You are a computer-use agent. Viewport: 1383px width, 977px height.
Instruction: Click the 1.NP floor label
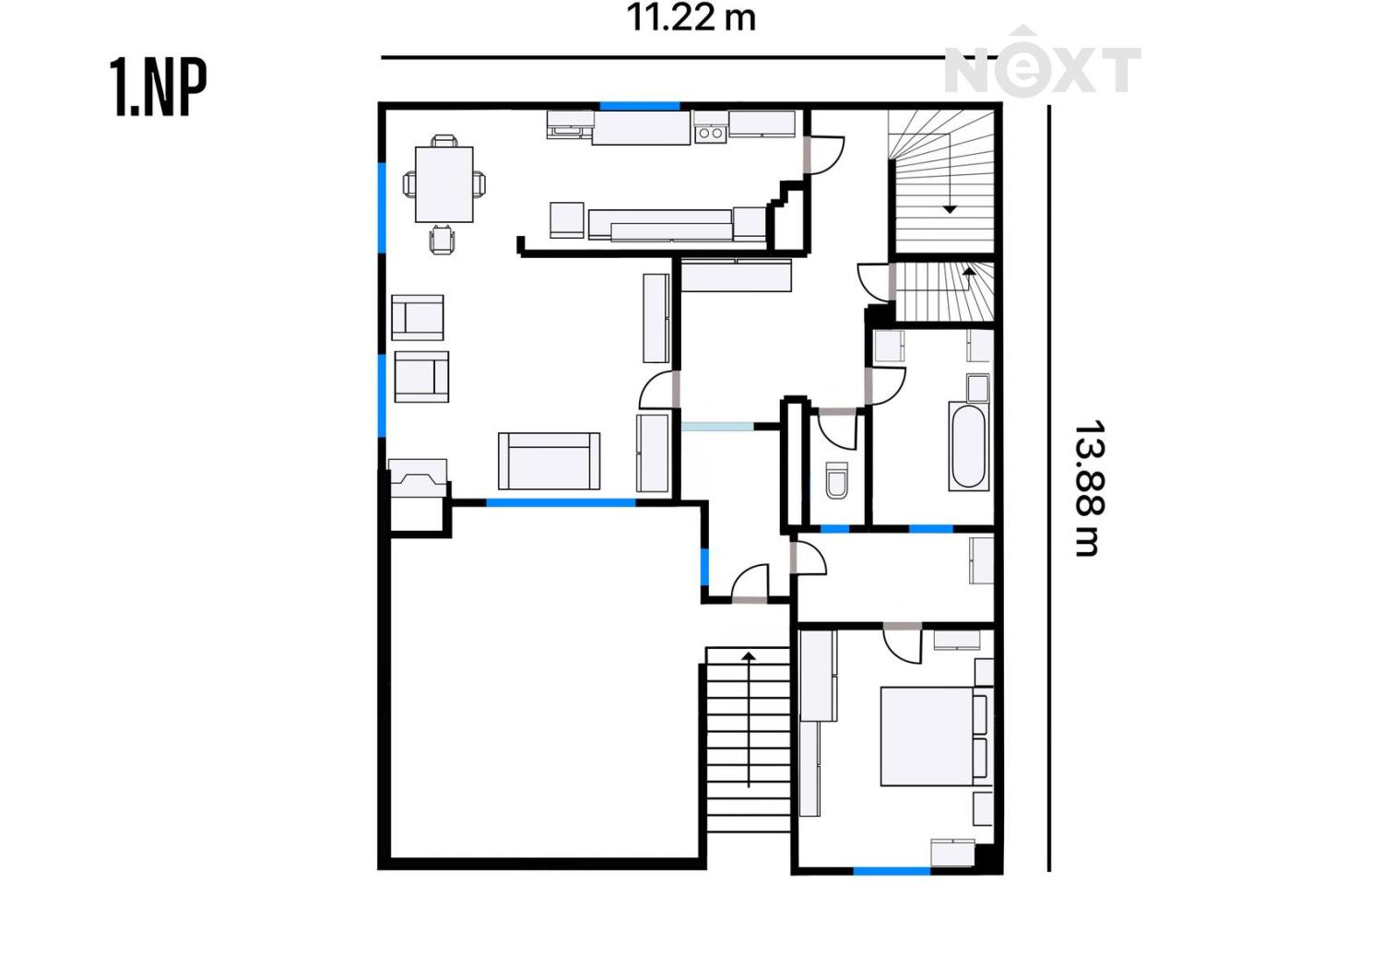[x=158, y=88]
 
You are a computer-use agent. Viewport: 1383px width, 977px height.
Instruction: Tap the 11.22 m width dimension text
[x=691, y=18]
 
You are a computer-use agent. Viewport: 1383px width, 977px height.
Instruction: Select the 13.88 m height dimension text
[x=1089, y=488]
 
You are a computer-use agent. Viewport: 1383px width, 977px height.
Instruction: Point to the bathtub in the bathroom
[x=969, y=447]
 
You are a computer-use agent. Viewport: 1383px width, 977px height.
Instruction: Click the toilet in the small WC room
[x=836, y=479]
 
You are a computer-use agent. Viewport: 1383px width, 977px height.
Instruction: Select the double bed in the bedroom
[x=937, y=736]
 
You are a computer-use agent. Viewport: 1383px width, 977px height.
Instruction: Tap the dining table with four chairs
[x=443, y=184]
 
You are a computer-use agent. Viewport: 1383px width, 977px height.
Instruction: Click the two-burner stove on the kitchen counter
[x=710, y=133]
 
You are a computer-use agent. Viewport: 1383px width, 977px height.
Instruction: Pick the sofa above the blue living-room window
[x=549, y=461]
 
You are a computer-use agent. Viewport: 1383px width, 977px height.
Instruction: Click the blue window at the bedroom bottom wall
[x=892, y=871]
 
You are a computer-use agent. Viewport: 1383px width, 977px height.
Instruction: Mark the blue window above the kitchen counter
[x=640, y=106]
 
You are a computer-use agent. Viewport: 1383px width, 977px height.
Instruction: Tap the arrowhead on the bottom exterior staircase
[x=749, y=656]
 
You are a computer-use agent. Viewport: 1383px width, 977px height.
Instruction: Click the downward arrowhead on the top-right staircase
[x=950, y=209]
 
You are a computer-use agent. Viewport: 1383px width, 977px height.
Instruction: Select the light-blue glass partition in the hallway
[x=717, y=426]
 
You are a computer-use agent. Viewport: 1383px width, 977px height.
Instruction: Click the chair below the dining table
[x=443, y=240]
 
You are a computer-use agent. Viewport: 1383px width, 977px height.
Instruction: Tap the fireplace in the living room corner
[x=418, y=477]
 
